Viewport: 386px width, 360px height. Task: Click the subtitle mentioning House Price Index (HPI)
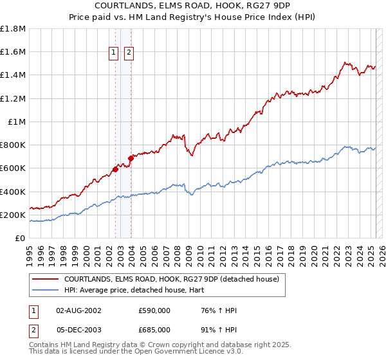192,18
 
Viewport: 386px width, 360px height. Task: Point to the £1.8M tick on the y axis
13,29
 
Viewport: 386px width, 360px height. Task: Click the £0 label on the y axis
20,238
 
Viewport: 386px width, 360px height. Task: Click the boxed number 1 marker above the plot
115,53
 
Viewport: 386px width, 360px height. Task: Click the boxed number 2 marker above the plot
129,53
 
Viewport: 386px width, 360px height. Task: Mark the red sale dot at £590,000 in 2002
116,170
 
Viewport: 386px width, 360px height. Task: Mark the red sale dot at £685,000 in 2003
131,157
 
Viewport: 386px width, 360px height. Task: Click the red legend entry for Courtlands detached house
170,279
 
